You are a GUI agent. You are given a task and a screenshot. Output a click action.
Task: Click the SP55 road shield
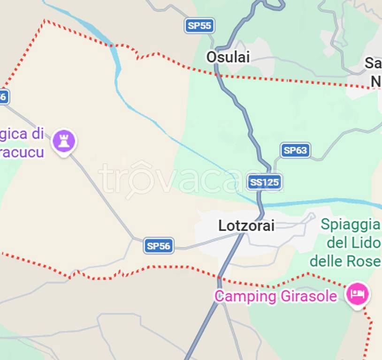tap(199, 25)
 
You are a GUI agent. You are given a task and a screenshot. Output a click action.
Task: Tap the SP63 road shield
tap(295, 150)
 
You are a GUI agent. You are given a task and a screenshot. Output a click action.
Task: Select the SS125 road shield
tap(265, 182)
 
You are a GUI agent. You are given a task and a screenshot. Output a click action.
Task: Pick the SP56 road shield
tap(159, 246)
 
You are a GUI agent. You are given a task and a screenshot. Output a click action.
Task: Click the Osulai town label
tap(228, 57)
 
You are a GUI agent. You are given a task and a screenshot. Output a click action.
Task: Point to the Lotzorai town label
tap(246, 225)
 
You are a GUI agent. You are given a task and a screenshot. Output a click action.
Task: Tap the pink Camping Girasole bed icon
tap(358, 294)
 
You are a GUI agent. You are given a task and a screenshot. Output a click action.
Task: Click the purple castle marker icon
tap(64, 140)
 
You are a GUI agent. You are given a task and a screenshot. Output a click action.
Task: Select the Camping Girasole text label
tap(275, 296)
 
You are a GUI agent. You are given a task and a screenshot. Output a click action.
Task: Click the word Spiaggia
tap(350, 225)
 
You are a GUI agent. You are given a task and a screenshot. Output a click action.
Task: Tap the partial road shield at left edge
tap(3, 97)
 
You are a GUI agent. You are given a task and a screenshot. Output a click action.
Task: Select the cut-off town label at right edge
tap(374, 72)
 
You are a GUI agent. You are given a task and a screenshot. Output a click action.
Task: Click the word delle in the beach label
tap(327, 261)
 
